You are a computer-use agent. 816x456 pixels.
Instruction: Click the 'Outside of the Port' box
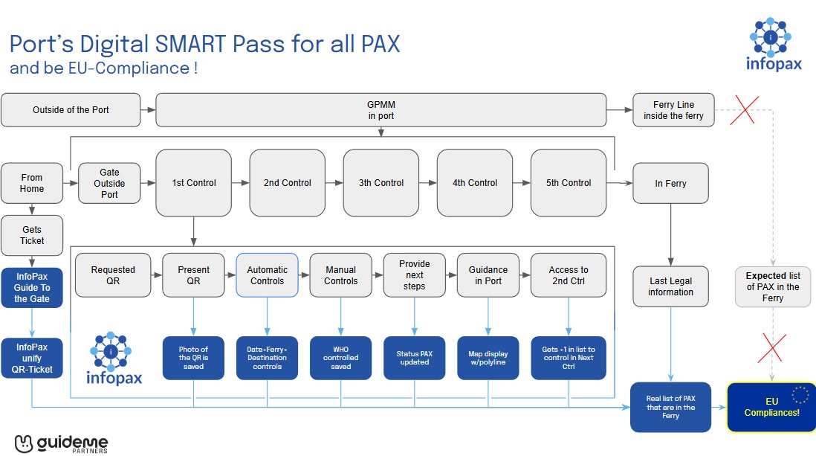click(x=71, y=110)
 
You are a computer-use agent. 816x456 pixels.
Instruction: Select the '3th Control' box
click(x=381, y=183)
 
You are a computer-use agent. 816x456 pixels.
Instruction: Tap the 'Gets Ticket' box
click(x=32, y=235)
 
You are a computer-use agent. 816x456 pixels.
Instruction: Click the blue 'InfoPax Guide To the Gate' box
click(x=32, y=288)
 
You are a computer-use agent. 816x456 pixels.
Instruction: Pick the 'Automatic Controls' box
click(x=267, y=275)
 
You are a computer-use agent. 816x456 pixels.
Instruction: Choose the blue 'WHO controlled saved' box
click(x=341, y=358)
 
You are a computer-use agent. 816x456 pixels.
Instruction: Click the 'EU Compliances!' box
click(x=771, y=407)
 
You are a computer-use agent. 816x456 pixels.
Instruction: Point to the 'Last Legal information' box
click(x=670, y=286)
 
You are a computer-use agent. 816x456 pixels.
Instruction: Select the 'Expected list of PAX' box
click(x=772, y=286)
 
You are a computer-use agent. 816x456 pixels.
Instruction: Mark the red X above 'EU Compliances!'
click(x=771, y=347)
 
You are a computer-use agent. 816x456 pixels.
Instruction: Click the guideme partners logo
click(x=61, y=443)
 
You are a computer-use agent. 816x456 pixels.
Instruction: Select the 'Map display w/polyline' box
click(x=488, y=358)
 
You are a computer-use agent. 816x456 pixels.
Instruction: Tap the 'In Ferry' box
click(x=670, y=183)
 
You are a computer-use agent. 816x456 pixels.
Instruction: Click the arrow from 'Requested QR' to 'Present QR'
click(x=152, y=275)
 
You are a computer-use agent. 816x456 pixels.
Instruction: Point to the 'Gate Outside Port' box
click(x=109, y=183)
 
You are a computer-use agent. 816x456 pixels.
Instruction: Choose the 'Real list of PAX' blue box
click(x=670, y=407)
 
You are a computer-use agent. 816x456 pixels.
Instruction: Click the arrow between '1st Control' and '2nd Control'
click(x=240, y=183)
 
